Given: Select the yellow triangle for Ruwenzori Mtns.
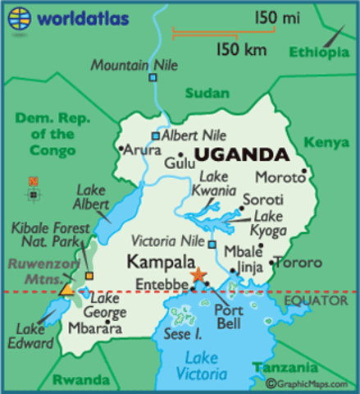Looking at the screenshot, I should (x=66, y=289).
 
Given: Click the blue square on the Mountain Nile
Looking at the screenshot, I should (x=153, y=78).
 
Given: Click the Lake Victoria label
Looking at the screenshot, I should (x=202, y=367).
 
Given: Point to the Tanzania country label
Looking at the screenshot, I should (x=283, y=367).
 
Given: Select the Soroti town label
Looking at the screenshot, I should (x=262, y=199).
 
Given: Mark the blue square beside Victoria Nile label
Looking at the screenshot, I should (x=212, y=245).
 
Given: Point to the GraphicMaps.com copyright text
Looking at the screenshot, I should (x=311, y=384).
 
